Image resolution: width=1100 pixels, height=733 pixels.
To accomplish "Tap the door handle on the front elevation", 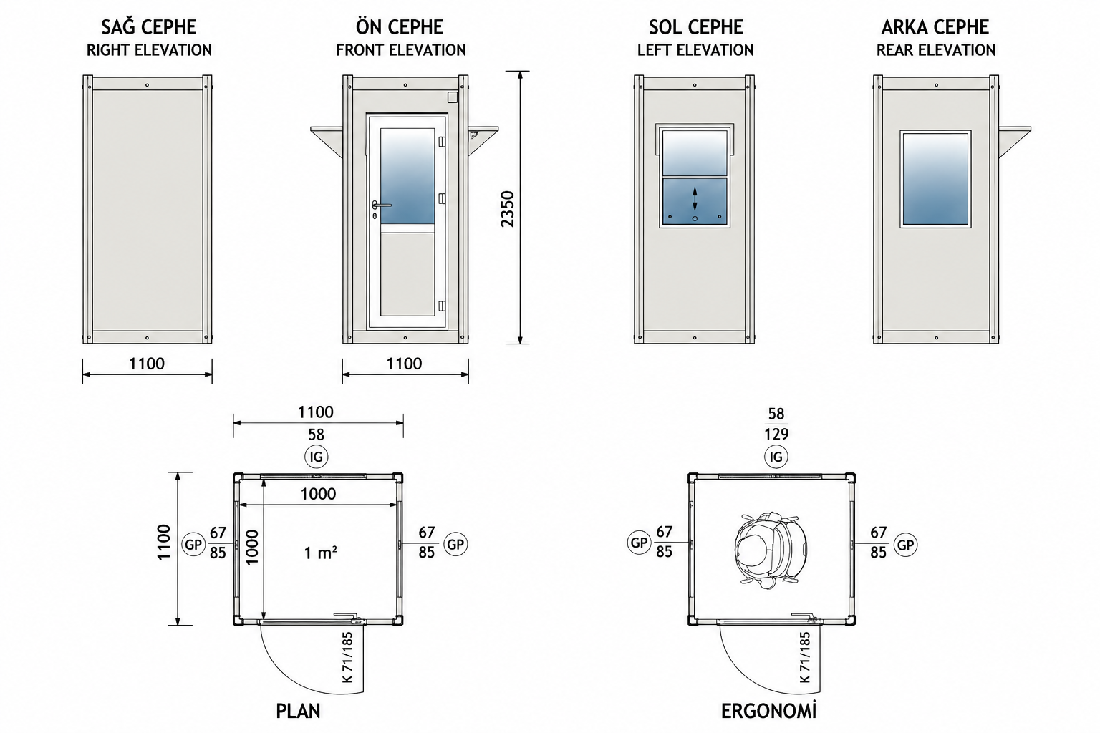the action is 381,205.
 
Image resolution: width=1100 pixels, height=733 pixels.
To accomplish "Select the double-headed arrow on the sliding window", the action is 695,199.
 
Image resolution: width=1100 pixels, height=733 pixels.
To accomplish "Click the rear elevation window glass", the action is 935,179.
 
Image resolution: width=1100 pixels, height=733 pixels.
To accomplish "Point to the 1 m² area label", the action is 320,553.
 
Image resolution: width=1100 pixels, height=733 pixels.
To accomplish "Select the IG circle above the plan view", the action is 317,457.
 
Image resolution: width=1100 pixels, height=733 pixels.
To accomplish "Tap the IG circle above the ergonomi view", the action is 776,457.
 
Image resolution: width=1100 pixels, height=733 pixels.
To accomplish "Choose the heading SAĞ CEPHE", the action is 149,27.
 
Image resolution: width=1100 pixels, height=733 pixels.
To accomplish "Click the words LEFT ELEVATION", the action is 695,50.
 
